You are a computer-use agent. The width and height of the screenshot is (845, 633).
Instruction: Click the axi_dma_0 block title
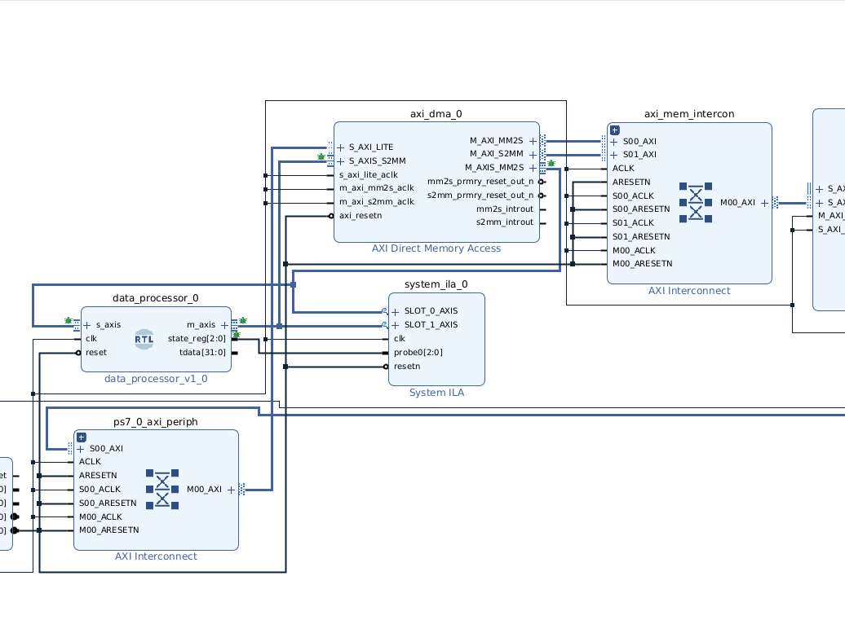pyautogui.click(x=436, y=114)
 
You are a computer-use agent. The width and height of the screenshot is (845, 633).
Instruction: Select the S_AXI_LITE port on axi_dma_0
pyautogui.click(x=370, y=147)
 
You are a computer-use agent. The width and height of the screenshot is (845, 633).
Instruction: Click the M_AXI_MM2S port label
pyautogui.click(x=496, y=141)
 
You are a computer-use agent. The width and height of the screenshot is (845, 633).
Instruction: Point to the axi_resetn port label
pyautogui.click(x=360, y=216)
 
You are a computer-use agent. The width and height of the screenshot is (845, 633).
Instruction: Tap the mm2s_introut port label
pyautogui.click(x=505, y=209)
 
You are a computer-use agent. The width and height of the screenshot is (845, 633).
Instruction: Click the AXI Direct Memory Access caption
pyautogui.click(x=436, y=248)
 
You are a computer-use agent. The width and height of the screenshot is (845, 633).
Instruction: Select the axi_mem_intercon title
pyautogui.click(x=689, y=114)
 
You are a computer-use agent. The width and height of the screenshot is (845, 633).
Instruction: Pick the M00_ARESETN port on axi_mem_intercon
pyautogui.click(x=642, y=264)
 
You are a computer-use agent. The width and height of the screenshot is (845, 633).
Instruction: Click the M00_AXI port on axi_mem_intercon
pyautogui.click(x=737, y=202)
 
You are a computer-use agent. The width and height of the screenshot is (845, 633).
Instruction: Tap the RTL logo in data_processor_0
pyautogui.click(x=144, y=339)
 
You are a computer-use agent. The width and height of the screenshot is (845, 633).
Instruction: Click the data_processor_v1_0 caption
pyautogui.click(x=156, y=379)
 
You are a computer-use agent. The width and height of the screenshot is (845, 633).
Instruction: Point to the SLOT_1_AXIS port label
pyautogui.click(x=431, y=325)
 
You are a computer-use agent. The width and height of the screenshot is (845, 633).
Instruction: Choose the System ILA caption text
pyautogui.click(x=436, y=393)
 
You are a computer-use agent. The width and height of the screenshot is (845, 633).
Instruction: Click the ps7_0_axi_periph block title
pyautogui.click(x=155, y=421)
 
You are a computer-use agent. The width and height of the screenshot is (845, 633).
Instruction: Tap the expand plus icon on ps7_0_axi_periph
pyautogui.click(x=82, y=437)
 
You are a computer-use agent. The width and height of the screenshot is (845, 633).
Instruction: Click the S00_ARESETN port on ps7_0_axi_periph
pyautogui.click(x=107, y=503)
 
